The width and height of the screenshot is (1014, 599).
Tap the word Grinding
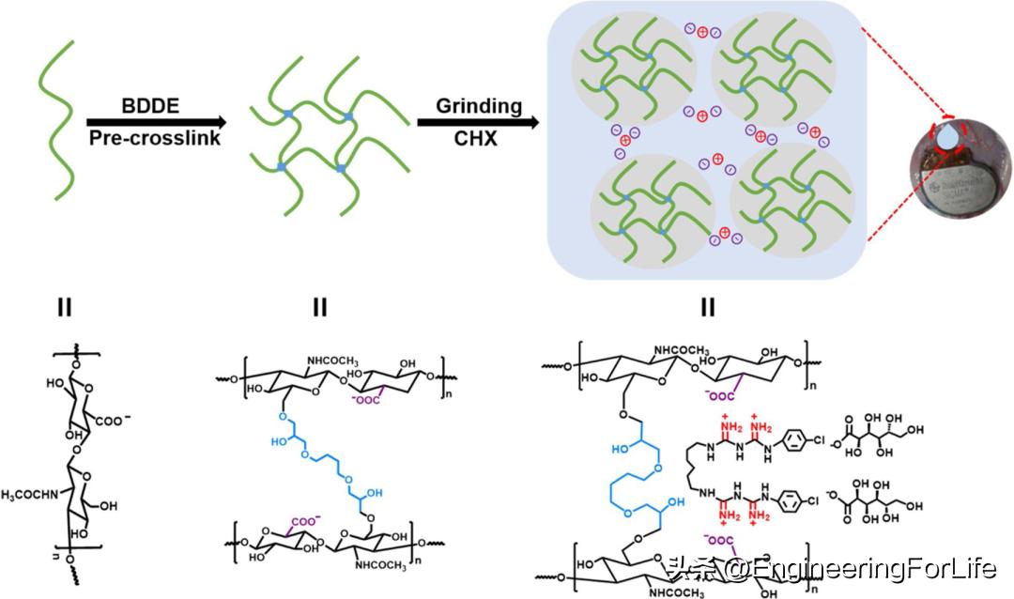pyautogui.click(x=479, y=105)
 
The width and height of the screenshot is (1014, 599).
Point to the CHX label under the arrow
pyautogui.click(x=478, y=139)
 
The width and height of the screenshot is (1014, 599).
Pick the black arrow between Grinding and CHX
pyautogui.click(x=479, y=122)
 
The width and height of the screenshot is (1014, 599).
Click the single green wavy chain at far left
pyautogui.click(x=55, y=127)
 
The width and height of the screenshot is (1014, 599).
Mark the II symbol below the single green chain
pyautogui.click(x=65, y=307)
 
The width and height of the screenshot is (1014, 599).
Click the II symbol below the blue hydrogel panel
pyautogui.click(x=709, y=307)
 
